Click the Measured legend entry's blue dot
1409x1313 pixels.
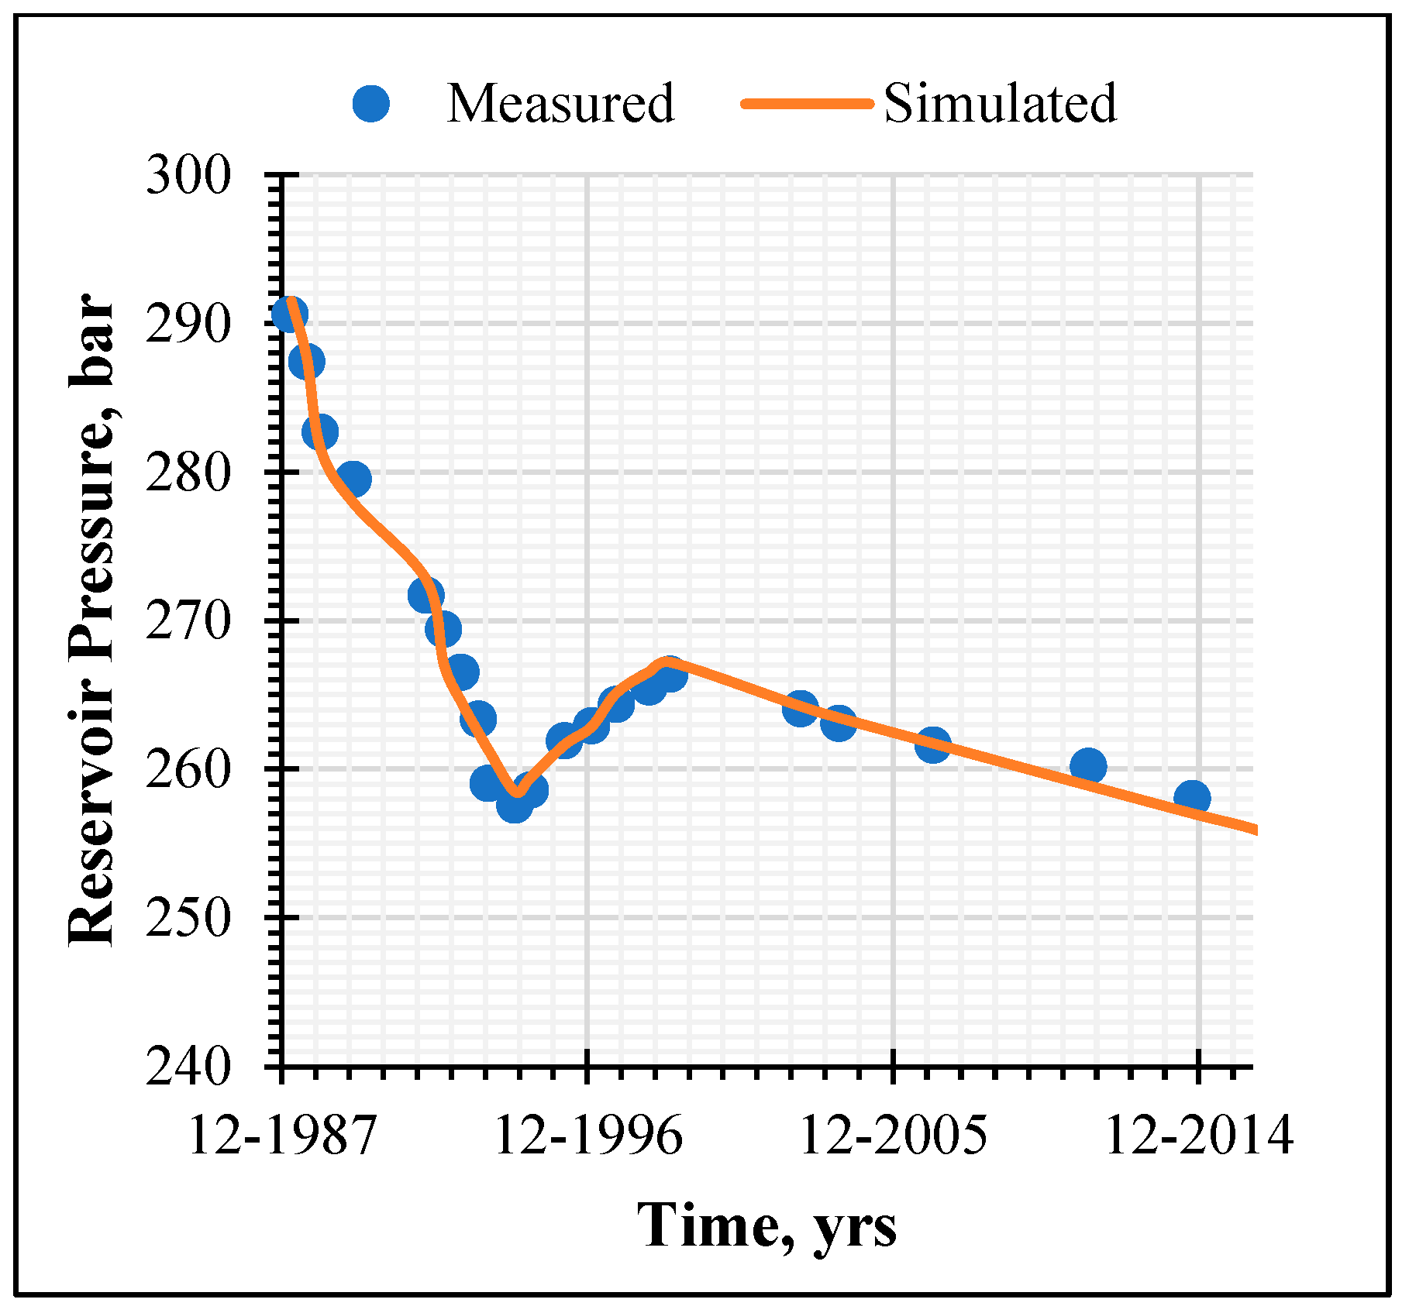pos(370,103)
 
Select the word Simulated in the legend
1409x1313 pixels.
pos(1000,103)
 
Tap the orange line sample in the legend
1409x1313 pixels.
pos(806,103)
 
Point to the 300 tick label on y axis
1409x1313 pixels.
pos(189,176)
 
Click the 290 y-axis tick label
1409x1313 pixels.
pos(189,325)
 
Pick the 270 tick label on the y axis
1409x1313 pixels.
pos(189,621)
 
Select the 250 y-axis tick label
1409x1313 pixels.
pos(189,918)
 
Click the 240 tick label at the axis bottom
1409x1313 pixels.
pos(189,1067)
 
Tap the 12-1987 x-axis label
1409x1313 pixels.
pos(282,1136)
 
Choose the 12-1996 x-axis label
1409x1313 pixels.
pos(588,1136)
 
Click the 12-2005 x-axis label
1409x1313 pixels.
pos(893,1136)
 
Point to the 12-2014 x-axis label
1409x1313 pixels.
pos(1198,1136)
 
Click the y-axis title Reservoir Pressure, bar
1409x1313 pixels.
pos(91,620)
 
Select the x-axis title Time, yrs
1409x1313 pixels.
pos(767,1226)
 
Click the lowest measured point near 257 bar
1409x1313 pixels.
pos(514,805)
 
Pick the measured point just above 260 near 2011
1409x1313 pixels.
pos(1088,765)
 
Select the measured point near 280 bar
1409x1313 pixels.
pos(353,479)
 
